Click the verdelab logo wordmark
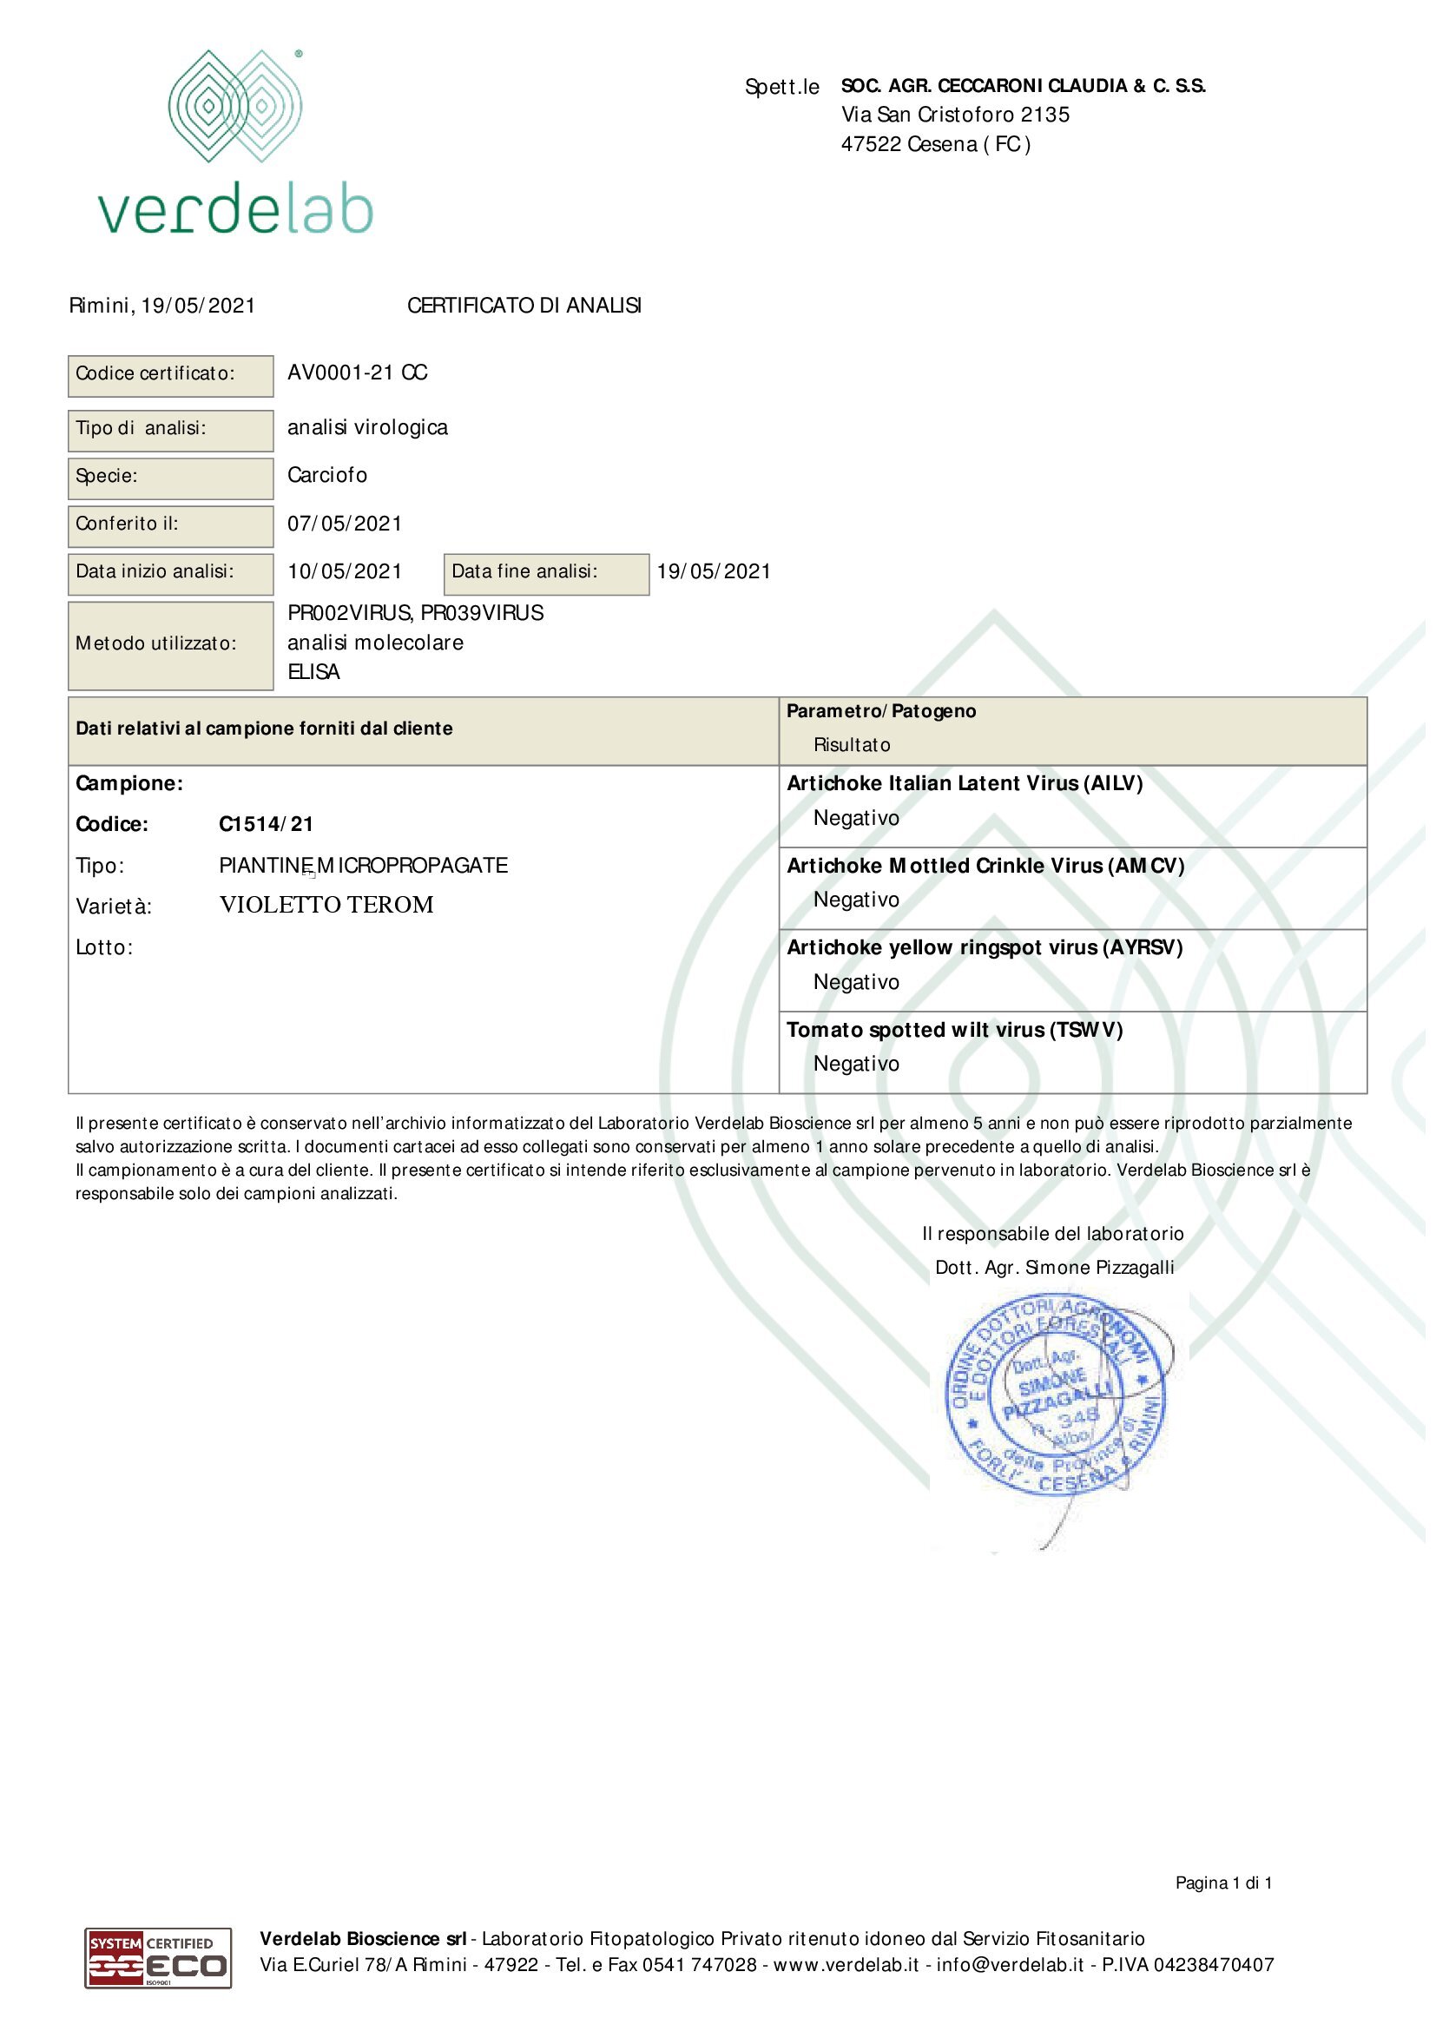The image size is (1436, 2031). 235,210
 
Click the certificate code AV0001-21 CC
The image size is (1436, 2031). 357,373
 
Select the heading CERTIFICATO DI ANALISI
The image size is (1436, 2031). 524,306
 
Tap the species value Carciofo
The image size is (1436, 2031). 327,476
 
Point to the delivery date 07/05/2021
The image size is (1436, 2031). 345,524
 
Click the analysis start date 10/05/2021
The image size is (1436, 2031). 345,571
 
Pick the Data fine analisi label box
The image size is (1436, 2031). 545,573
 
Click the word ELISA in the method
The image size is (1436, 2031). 314,672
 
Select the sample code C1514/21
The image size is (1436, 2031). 267,824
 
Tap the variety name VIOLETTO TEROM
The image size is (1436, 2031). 326,905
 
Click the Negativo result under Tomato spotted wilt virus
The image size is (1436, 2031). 856,1065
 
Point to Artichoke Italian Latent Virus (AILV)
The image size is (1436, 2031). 965,784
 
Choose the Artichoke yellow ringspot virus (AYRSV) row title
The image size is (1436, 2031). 985,948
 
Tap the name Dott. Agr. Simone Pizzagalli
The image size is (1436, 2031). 1054,1268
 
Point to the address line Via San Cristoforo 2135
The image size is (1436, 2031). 955,115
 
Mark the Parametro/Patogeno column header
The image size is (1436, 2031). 880,711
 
